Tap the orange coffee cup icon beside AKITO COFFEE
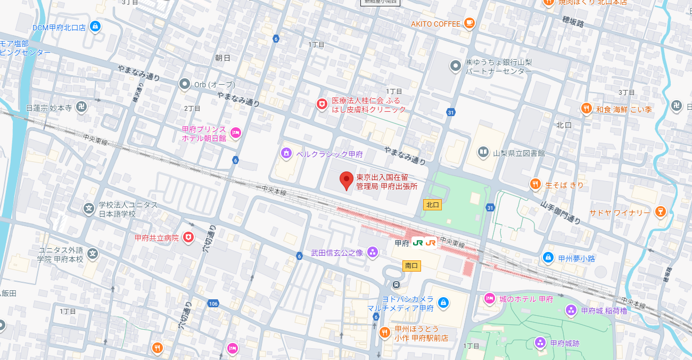(x=468, y=23)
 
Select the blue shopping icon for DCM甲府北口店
(x=95, y=27)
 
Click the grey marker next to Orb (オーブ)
(x=184, y=84)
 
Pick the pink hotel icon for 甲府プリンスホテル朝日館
(x=236, y=133)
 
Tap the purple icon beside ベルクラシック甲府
(x=286, y=154)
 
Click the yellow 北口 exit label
(x=432, y=204)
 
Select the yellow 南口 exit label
(x=411, y=265)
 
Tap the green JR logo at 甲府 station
(x=418, y=243)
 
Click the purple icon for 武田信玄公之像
(x=372, y=252)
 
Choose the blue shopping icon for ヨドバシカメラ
(x=443, y=304)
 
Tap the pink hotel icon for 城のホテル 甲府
(x=489, y=299)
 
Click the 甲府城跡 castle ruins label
(x=564, y=343)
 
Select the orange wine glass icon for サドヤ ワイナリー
(x=660, y=212)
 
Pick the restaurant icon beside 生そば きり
(x=535, y=185)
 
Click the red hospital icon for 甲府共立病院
(x=188, y=238)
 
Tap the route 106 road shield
(x=213, y=304)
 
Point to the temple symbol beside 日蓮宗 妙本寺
(x=81, y=108)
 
